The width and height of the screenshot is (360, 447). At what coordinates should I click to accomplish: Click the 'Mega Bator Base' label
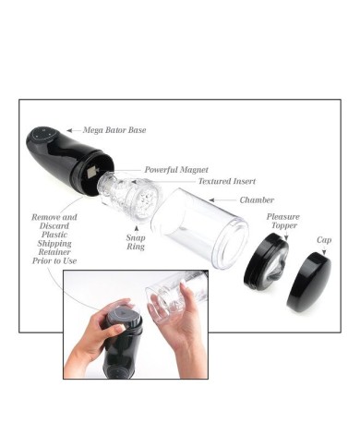pyautogui.click(x=114, y=130)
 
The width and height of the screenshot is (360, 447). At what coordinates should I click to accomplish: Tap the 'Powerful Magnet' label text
pyautogui.click(x=176, y=170)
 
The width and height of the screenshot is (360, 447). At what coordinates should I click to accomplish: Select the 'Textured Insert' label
pyautogui.click(x=227, y=181)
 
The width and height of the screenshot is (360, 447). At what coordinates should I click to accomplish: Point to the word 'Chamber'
pyautogui.click(x=257, y=200)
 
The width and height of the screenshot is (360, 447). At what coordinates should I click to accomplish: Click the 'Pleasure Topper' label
pyautogui.click(x=283, y=221)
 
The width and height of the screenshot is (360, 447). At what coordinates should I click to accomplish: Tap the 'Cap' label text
pyautogui.click(x=324, y=240)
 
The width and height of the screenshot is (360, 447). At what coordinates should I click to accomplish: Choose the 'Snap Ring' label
pyautogui.click(x=136, y=242)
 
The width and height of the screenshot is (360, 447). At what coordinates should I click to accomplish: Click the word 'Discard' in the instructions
pyautogui.click(x=54, y=225)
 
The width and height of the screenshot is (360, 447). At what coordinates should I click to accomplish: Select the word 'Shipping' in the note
pyautogui.click(x=54, y=243)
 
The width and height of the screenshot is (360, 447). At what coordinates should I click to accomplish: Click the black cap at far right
pyautogui.click(x=309, y=281)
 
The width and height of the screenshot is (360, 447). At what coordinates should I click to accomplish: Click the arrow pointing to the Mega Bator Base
pyautogui.click(x=74, y=130)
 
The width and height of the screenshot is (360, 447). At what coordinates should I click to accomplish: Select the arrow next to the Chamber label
pyautogui.click(x=222, y=200)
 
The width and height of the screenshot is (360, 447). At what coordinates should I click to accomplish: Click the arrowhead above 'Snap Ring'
pyautogui.click(x=136, y=229)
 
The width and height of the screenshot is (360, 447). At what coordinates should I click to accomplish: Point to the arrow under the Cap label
pyautogui.click(x=324, y=251)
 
